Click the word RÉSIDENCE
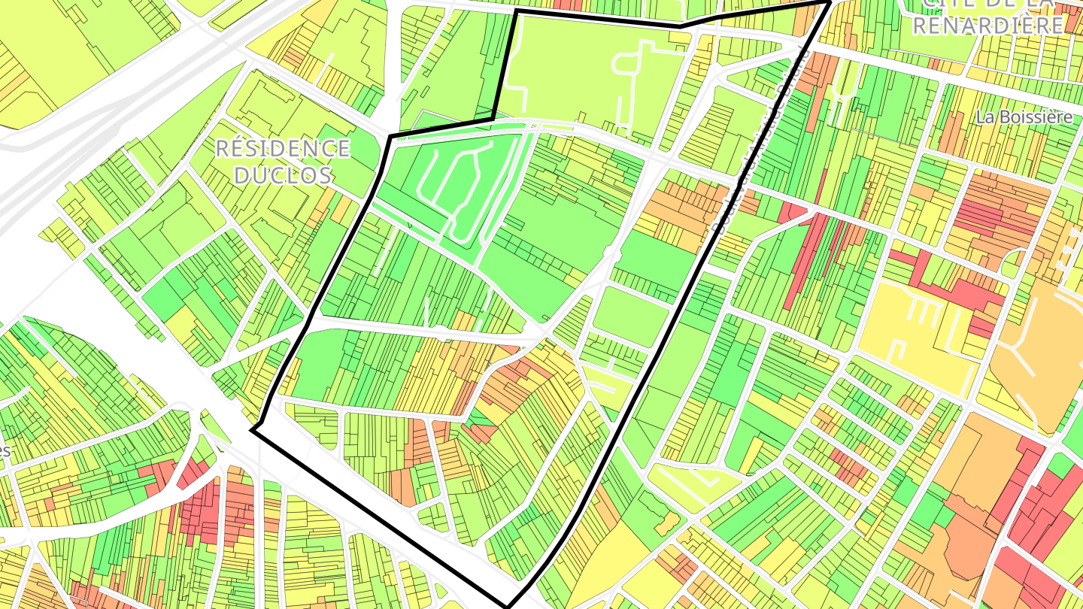tap(283, 148)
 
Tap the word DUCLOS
tap(283, 175)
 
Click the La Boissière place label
tap(1024, 117)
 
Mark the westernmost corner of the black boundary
tap(251, 430)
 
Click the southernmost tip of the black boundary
tap(509, 606)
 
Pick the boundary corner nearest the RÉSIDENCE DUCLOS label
tap(390, 137)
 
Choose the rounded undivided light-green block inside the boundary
tap(630, 316)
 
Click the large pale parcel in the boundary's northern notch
tap(587, 75)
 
